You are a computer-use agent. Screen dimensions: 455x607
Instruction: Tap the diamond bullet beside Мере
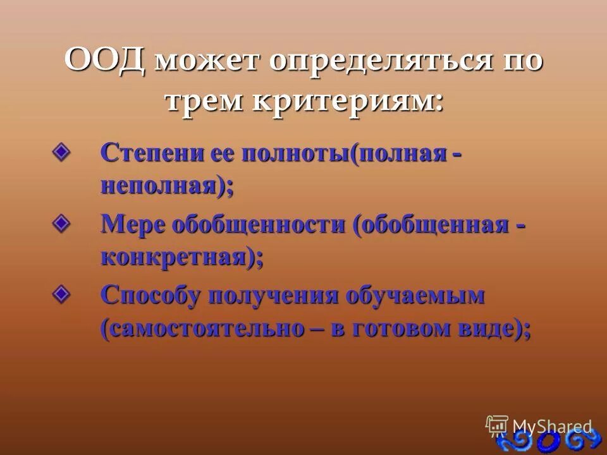(x=61, y=223)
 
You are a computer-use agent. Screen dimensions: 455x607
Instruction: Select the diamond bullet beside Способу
(x=61, y=293)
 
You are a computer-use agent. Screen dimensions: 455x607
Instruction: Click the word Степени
(x=149, y=154)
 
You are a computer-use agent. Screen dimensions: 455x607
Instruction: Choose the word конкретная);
(x=181, y=258)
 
